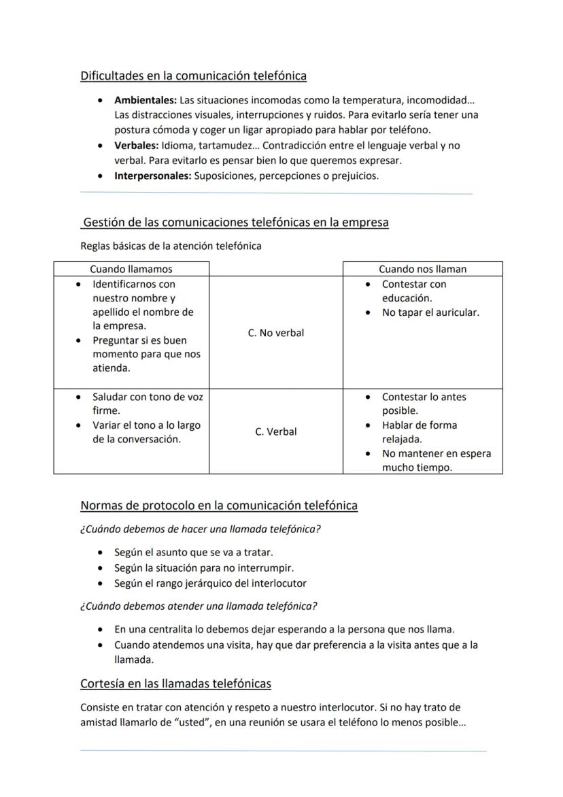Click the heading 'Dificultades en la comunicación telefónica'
pyautogui.click(x=193, y=76)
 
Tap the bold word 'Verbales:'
pyautogui.click(x=136, y=146)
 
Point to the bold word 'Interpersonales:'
pyautogui.click(x=153, y=176)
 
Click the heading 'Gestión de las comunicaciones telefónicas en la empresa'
pyautogui.click(x=235, y=223)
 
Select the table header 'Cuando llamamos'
pyautogui.click(x=131, y=269)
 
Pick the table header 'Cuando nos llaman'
pyautogui.click(x=422, y=269)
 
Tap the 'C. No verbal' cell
pyautogui.click(x=275, y=333)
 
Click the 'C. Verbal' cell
pyautogui.click(x=275, y=432)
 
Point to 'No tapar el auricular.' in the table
pyautogui.click(x=430, y=312)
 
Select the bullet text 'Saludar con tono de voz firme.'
pyautogui.click(x=147, y=404)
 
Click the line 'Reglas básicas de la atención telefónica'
pyautogui.click(x=171, y=246)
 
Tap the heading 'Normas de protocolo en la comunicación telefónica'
pyautogui.click(x=219, y=505)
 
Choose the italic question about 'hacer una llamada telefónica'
pyautogui.click(x=201, y=529)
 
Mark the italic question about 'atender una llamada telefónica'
pyautogui.click(x=199, y=606)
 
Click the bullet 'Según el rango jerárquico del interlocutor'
pyautogui.click(x=210, y=583)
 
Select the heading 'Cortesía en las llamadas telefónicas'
pyautogui.click(x=175, y=683)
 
